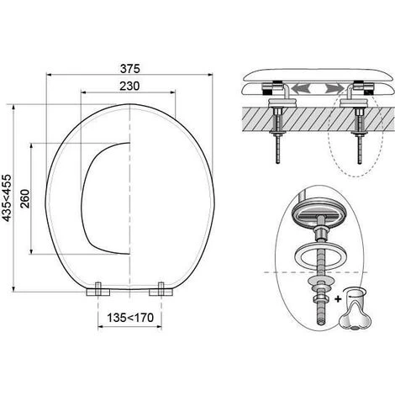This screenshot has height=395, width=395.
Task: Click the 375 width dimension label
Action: click(129, 69)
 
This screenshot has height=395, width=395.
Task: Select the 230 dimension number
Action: click(129, 86)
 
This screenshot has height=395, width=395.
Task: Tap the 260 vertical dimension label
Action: click(25, 198)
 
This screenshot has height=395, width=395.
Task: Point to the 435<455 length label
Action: click(7, 197)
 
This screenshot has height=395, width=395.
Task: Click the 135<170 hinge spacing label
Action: click(130, 318)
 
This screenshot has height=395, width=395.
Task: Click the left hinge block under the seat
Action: click(98, 290)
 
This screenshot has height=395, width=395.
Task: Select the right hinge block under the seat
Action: click(161, 290)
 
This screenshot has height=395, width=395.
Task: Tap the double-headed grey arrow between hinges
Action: click(318, 89)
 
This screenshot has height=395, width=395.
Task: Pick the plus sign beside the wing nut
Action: click(338, 299)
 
